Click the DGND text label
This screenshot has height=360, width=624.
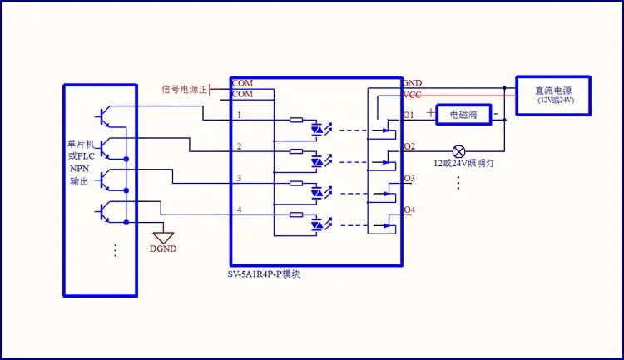(x=163, y=249)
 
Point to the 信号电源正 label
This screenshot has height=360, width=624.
(x=185, y=88)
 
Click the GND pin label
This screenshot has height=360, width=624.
(x=413, y=83)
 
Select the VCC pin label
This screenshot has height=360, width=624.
(x=413, y=95)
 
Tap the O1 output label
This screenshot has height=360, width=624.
(x=409, y=115)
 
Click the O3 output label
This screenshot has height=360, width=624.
(x=409, y=178)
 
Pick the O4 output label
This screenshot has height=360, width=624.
(x=409, y=210)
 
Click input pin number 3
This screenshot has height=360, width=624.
(x=240, y=178)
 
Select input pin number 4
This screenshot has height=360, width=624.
(x=240, y=210)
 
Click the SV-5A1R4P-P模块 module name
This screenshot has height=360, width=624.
(x=265, y=274)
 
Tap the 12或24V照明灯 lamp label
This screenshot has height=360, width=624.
(x=464, y=165)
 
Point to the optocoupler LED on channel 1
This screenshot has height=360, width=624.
(x=317, y=130)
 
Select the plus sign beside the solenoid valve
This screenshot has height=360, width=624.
(x=430, y=111)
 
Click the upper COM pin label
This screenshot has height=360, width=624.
(x=242, y=83)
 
